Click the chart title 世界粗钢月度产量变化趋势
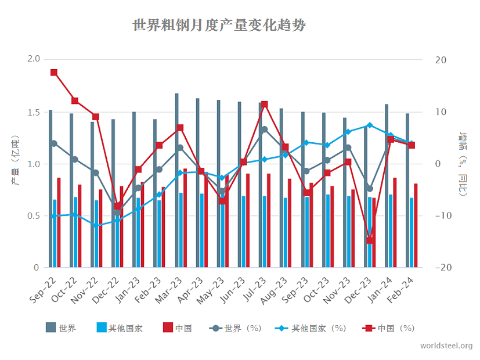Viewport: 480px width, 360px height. click(219, 26)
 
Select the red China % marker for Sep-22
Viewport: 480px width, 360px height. click(54, 73)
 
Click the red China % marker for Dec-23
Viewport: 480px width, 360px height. click(370, 240)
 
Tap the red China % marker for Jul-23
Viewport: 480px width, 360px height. click(265, 105)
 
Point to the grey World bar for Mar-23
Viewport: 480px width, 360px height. click(176, 180)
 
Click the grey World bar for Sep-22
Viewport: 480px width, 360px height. click(50, 189)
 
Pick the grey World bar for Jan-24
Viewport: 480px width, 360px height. click(387, 186)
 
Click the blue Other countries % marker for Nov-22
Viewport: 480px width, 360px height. click(96, 225)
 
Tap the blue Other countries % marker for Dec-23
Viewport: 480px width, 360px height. click(370, 125)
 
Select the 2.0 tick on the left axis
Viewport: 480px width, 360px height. click(34, 59)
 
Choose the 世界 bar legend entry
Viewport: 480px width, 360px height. click(61, 328)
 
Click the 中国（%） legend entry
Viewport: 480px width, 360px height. click(389, 328)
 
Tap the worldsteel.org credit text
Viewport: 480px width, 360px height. click(446, 345)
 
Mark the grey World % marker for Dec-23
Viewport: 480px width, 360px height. click(370, 189)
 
